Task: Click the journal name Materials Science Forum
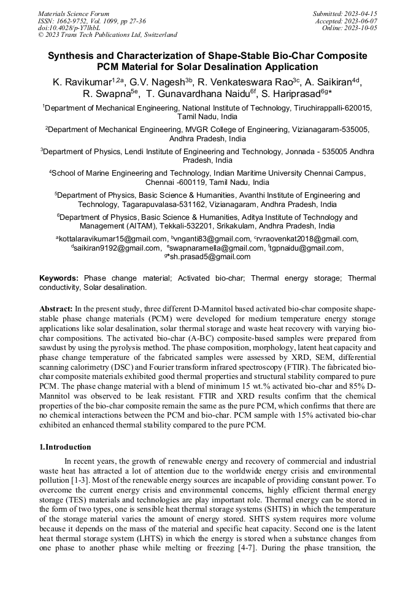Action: tap(74, 13)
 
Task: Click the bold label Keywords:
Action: tap(59, 278)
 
